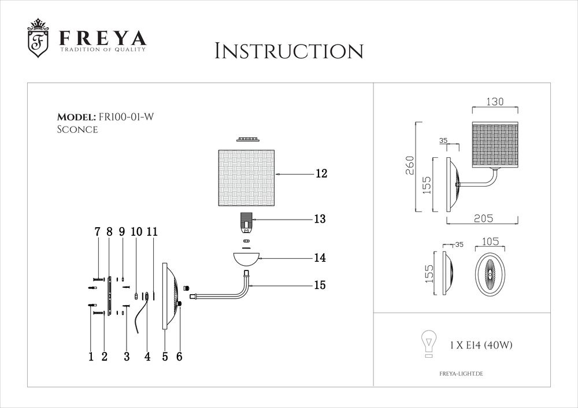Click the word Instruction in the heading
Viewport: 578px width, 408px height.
point(288,51)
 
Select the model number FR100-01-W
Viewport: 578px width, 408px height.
point(127,117)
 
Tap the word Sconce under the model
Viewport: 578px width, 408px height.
point(77,129)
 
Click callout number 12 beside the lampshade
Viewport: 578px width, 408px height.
point(321,173)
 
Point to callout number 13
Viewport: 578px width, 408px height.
point(320,219)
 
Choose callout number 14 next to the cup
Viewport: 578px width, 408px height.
point(320,258)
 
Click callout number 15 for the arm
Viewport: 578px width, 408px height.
point(320,285)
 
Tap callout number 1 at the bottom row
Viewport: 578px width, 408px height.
point(91,357)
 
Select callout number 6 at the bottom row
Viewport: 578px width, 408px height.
point(179,357)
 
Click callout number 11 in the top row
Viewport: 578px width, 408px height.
point(153,231)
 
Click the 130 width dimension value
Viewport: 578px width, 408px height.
point(495,102)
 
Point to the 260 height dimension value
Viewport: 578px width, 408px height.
point(411,166)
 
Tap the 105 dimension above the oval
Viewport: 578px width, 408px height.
point(491,243)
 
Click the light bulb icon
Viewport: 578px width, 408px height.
point(428,344)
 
